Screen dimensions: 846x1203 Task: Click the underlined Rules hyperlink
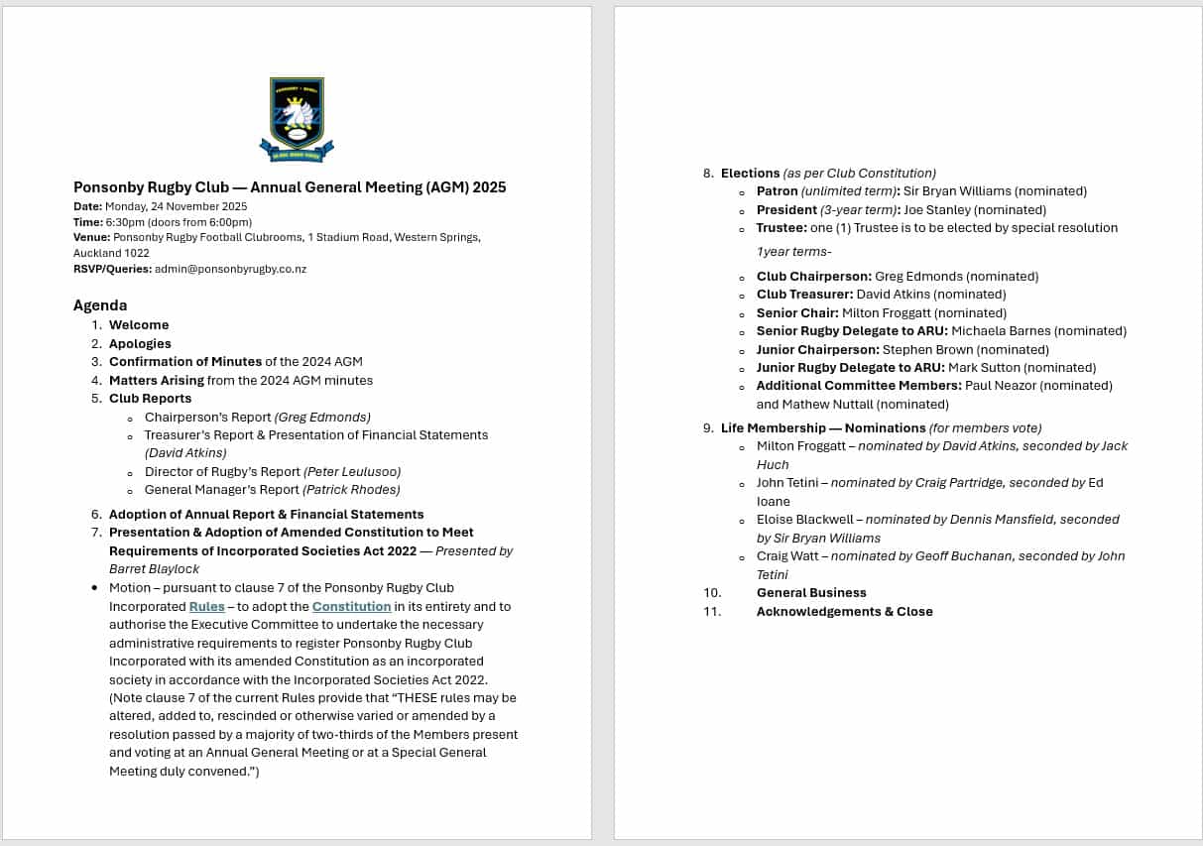tap(206, 606)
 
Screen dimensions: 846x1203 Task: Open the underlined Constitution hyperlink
tap(351, 606)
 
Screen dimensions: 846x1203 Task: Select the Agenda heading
tap(100, 305)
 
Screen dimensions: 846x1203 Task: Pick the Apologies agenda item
tap(140, 343)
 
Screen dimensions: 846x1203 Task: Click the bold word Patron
tap(777, 191)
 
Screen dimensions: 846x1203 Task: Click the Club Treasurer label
tap(803, 295)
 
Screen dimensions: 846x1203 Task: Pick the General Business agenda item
tap(811, 593)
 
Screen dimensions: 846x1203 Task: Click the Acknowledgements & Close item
tap(844, 612)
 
